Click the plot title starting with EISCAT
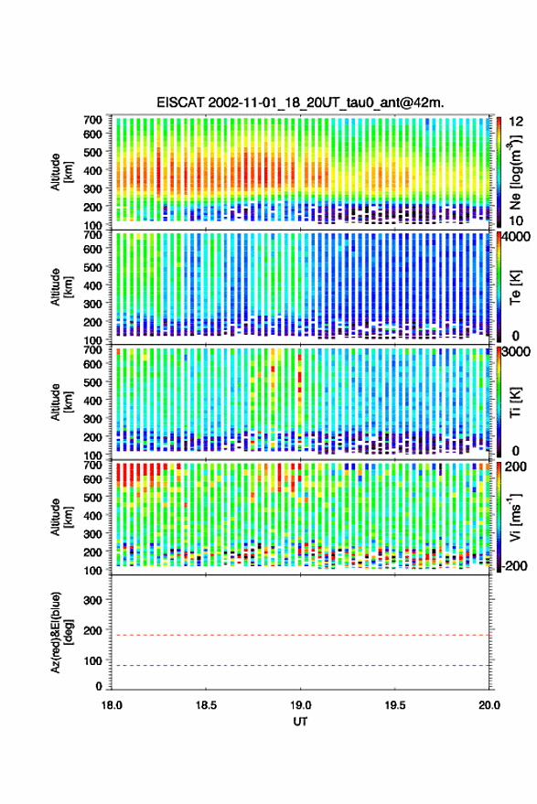[x=300, y=102]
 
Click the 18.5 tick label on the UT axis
[x=206, y=705]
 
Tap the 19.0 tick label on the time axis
[x=300, y=705]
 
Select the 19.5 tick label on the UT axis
[x=394, y=705]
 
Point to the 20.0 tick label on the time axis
[x=489, y=705]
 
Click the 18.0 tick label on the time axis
[x=112, y=705]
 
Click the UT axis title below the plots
[x=300, y=722]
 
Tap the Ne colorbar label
[x=515, y=172]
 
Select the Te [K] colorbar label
[x=515, y=287]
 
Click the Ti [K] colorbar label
[x=515, y=402]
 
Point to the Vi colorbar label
[x=515, y=517]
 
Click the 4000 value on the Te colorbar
[x=516, y=238]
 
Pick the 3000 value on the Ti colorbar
[x=516, y=352]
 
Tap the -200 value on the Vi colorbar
[x=513, y=565]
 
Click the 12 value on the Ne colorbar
[x=516, y=122]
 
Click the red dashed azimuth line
[x=300, y=636]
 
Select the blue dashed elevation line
[x=300, y=666]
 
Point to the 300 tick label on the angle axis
[x=92, y=600]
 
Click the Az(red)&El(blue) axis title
[x=61, y=632]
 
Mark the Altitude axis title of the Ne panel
[x=61, y=172]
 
